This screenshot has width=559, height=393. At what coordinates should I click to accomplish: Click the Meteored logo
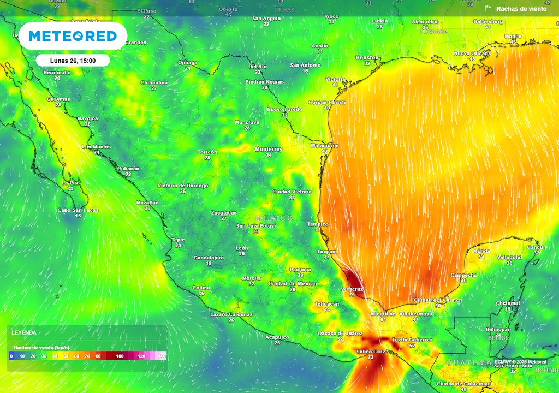(72, 36)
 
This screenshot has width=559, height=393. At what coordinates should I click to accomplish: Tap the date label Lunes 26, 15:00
(73, 61)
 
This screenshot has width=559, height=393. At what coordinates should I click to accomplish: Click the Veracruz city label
(352, 288)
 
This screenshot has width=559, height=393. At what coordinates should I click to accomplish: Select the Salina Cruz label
(371, 352)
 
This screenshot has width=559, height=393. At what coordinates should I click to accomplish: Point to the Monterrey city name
(269, 149)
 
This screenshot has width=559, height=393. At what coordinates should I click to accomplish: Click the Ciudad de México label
(293, 284)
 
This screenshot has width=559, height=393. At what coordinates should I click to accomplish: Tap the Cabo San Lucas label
(78, 210)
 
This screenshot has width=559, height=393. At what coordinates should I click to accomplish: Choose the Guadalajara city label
(209, 257)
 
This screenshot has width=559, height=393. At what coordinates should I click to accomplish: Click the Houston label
(367, 57)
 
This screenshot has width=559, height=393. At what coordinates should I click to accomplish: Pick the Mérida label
(481, 251)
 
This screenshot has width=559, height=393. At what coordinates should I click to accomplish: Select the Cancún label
(537, 247)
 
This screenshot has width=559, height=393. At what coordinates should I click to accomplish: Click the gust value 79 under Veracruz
(352, 295)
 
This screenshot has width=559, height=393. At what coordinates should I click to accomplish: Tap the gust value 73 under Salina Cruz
(371, 358)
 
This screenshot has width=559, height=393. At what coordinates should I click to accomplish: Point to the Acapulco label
(277, 337)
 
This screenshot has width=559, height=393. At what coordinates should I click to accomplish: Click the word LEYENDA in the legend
(24, 332)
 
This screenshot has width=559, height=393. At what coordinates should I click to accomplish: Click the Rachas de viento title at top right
(521, 9)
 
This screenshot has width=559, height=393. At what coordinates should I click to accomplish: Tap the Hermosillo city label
(57, 73)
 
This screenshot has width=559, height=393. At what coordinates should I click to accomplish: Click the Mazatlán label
(147, 203)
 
